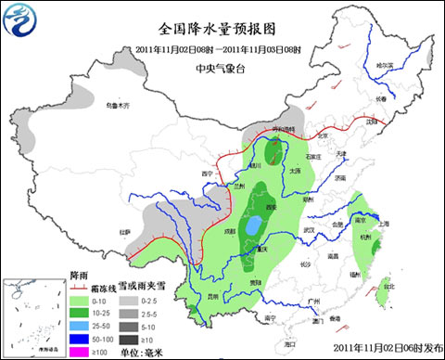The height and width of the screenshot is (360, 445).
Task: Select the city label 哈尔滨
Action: pyautogui.click(x=384, y=64)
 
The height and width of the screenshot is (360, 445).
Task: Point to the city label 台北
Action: pyautogui.click(x=388, y=286)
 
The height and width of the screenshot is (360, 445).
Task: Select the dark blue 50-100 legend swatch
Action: pyautogui.click(x=83, y=339)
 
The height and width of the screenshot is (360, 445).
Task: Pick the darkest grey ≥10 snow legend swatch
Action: pyautogui.click(x=128, y=339)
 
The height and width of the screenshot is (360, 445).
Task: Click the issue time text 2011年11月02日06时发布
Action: pyautogui.click(x=387, y=350)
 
